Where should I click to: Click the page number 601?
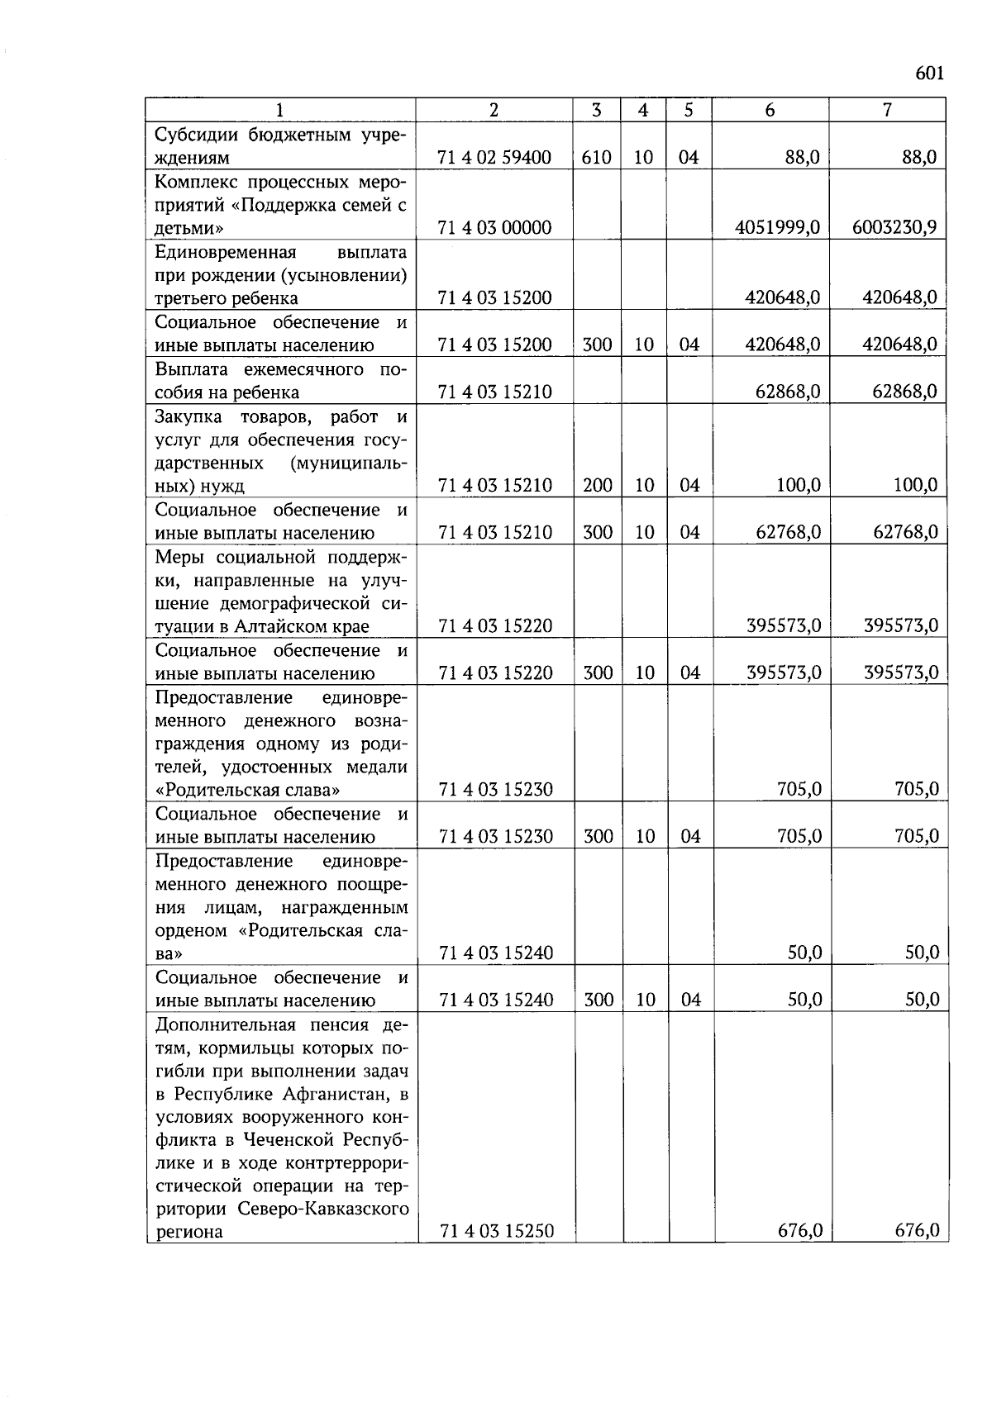tap(929, 74)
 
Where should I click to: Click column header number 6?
tap(770, 110)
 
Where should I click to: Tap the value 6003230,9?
tap(894, 228)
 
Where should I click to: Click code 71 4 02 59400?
tap(494, 158)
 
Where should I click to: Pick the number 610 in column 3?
tap(596, 158)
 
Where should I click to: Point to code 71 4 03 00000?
tap(494, 228)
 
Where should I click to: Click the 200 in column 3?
tap(597, 486)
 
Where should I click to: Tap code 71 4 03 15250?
tap(496, 1232)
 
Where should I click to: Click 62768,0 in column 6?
tap(788, 533)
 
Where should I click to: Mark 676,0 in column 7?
tap(917, 1232)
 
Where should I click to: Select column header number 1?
tap(279, 110)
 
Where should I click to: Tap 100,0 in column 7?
tap(915, 486)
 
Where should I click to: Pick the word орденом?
tap(190, 931)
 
